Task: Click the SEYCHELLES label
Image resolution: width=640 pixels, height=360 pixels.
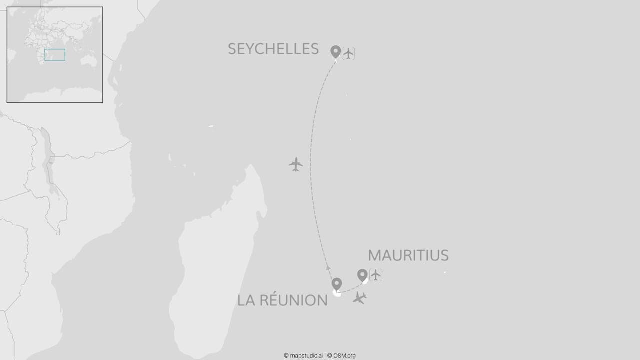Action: pos(273,49)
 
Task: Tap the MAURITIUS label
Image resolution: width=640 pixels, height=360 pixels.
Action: pos(408,255)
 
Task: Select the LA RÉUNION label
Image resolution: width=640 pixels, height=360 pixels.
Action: pos(282,300)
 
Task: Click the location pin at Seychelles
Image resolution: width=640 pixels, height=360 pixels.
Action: pos(336,51)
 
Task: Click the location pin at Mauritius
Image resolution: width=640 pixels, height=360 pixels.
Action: pos(362,275)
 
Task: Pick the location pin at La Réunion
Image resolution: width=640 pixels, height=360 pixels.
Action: pos(337,284)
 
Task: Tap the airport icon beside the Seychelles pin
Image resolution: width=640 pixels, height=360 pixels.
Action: pos(348,53)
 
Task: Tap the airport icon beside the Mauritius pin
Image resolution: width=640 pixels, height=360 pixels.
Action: pos(375,275)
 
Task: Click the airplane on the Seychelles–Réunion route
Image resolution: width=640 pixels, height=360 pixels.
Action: pos(296,164)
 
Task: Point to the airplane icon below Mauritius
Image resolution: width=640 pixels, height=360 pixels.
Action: pos(359,298)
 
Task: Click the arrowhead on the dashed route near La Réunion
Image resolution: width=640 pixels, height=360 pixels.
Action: pos(328,268)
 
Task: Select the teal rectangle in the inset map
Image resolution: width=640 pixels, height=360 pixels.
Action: pos(55,55)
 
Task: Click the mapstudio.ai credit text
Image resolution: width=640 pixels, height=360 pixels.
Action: pos(303,356)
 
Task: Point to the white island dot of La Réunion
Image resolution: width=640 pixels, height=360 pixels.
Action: pos(337,294)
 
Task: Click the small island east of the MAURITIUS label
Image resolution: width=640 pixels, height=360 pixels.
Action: pos(444,272)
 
